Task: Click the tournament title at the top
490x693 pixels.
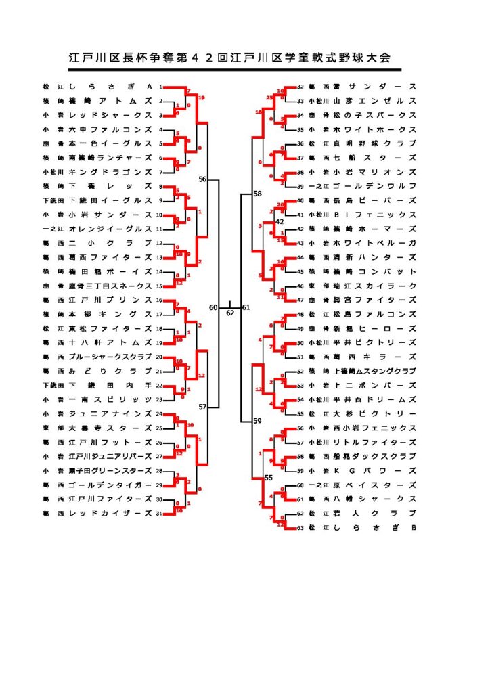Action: pyautogui.click(x=230, y=58)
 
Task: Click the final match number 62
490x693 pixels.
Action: pyautogui.click(x=230, y=313)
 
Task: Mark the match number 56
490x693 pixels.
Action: pyautogui.click(x=202, y=179)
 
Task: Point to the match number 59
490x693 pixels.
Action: pyautogui.click(x=257, y=421)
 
